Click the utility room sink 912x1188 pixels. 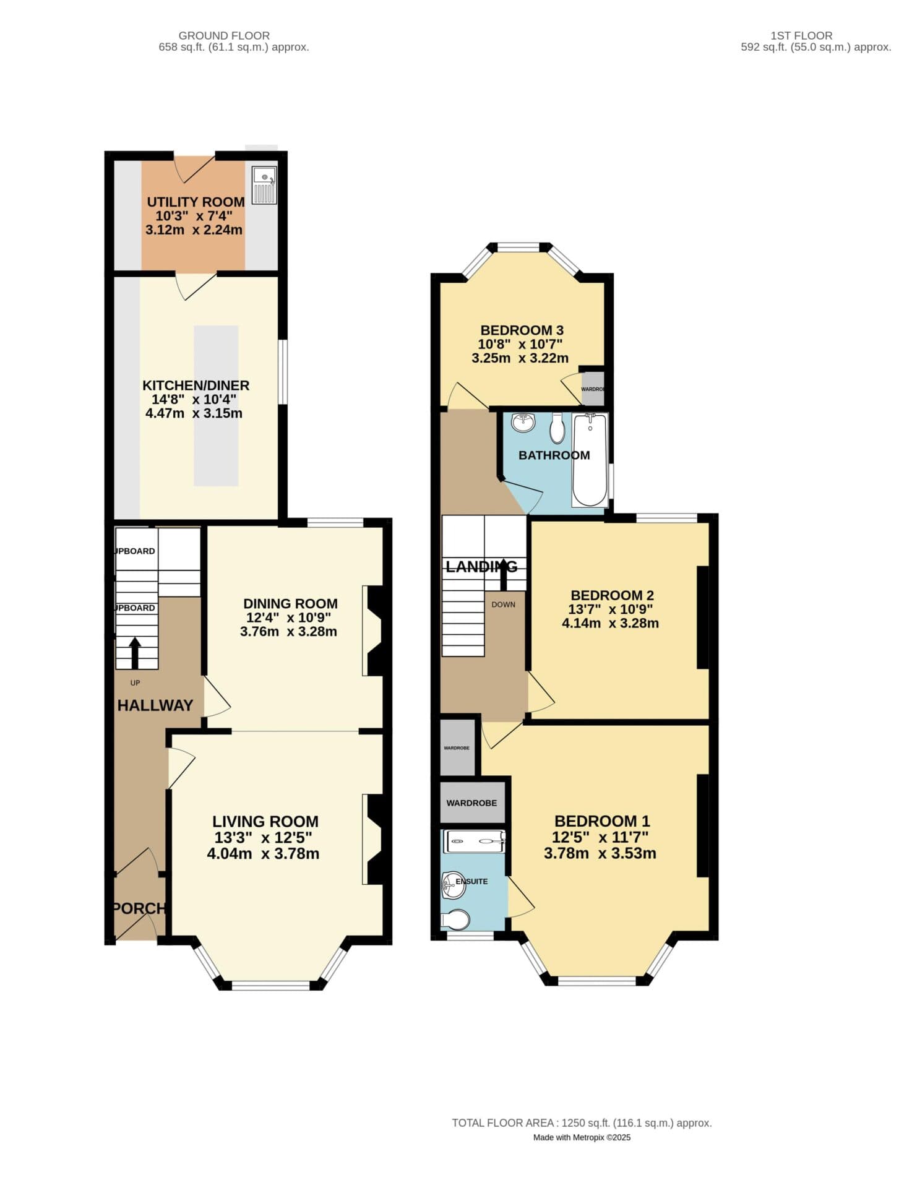click(x=264, y=185)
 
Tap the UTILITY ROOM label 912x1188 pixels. click(x=196, y=202)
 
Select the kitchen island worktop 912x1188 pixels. click(x=216, y=405)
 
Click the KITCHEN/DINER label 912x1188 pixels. click(x=196, y=385)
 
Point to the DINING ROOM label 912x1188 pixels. click(x=290, y=604)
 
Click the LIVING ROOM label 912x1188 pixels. click(x=265, y=822)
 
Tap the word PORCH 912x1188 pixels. click(x=140, y=908)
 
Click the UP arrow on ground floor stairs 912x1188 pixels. click(x=135, y=652)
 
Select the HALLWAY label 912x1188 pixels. click(x=155, y=705)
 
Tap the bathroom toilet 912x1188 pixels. click(x=557, y=428)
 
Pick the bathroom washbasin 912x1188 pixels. click(x=523, y=423)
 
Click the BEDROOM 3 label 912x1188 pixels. click(x=522, y=330)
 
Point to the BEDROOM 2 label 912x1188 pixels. click(x=612, y=595)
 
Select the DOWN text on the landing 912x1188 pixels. click(x=503, y=605)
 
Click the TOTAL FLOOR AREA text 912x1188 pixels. click(x=582, y=1122)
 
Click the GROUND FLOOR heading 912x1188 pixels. click(x=224, y=36)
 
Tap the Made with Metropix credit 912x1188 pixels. click(x=582, y=1137)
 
